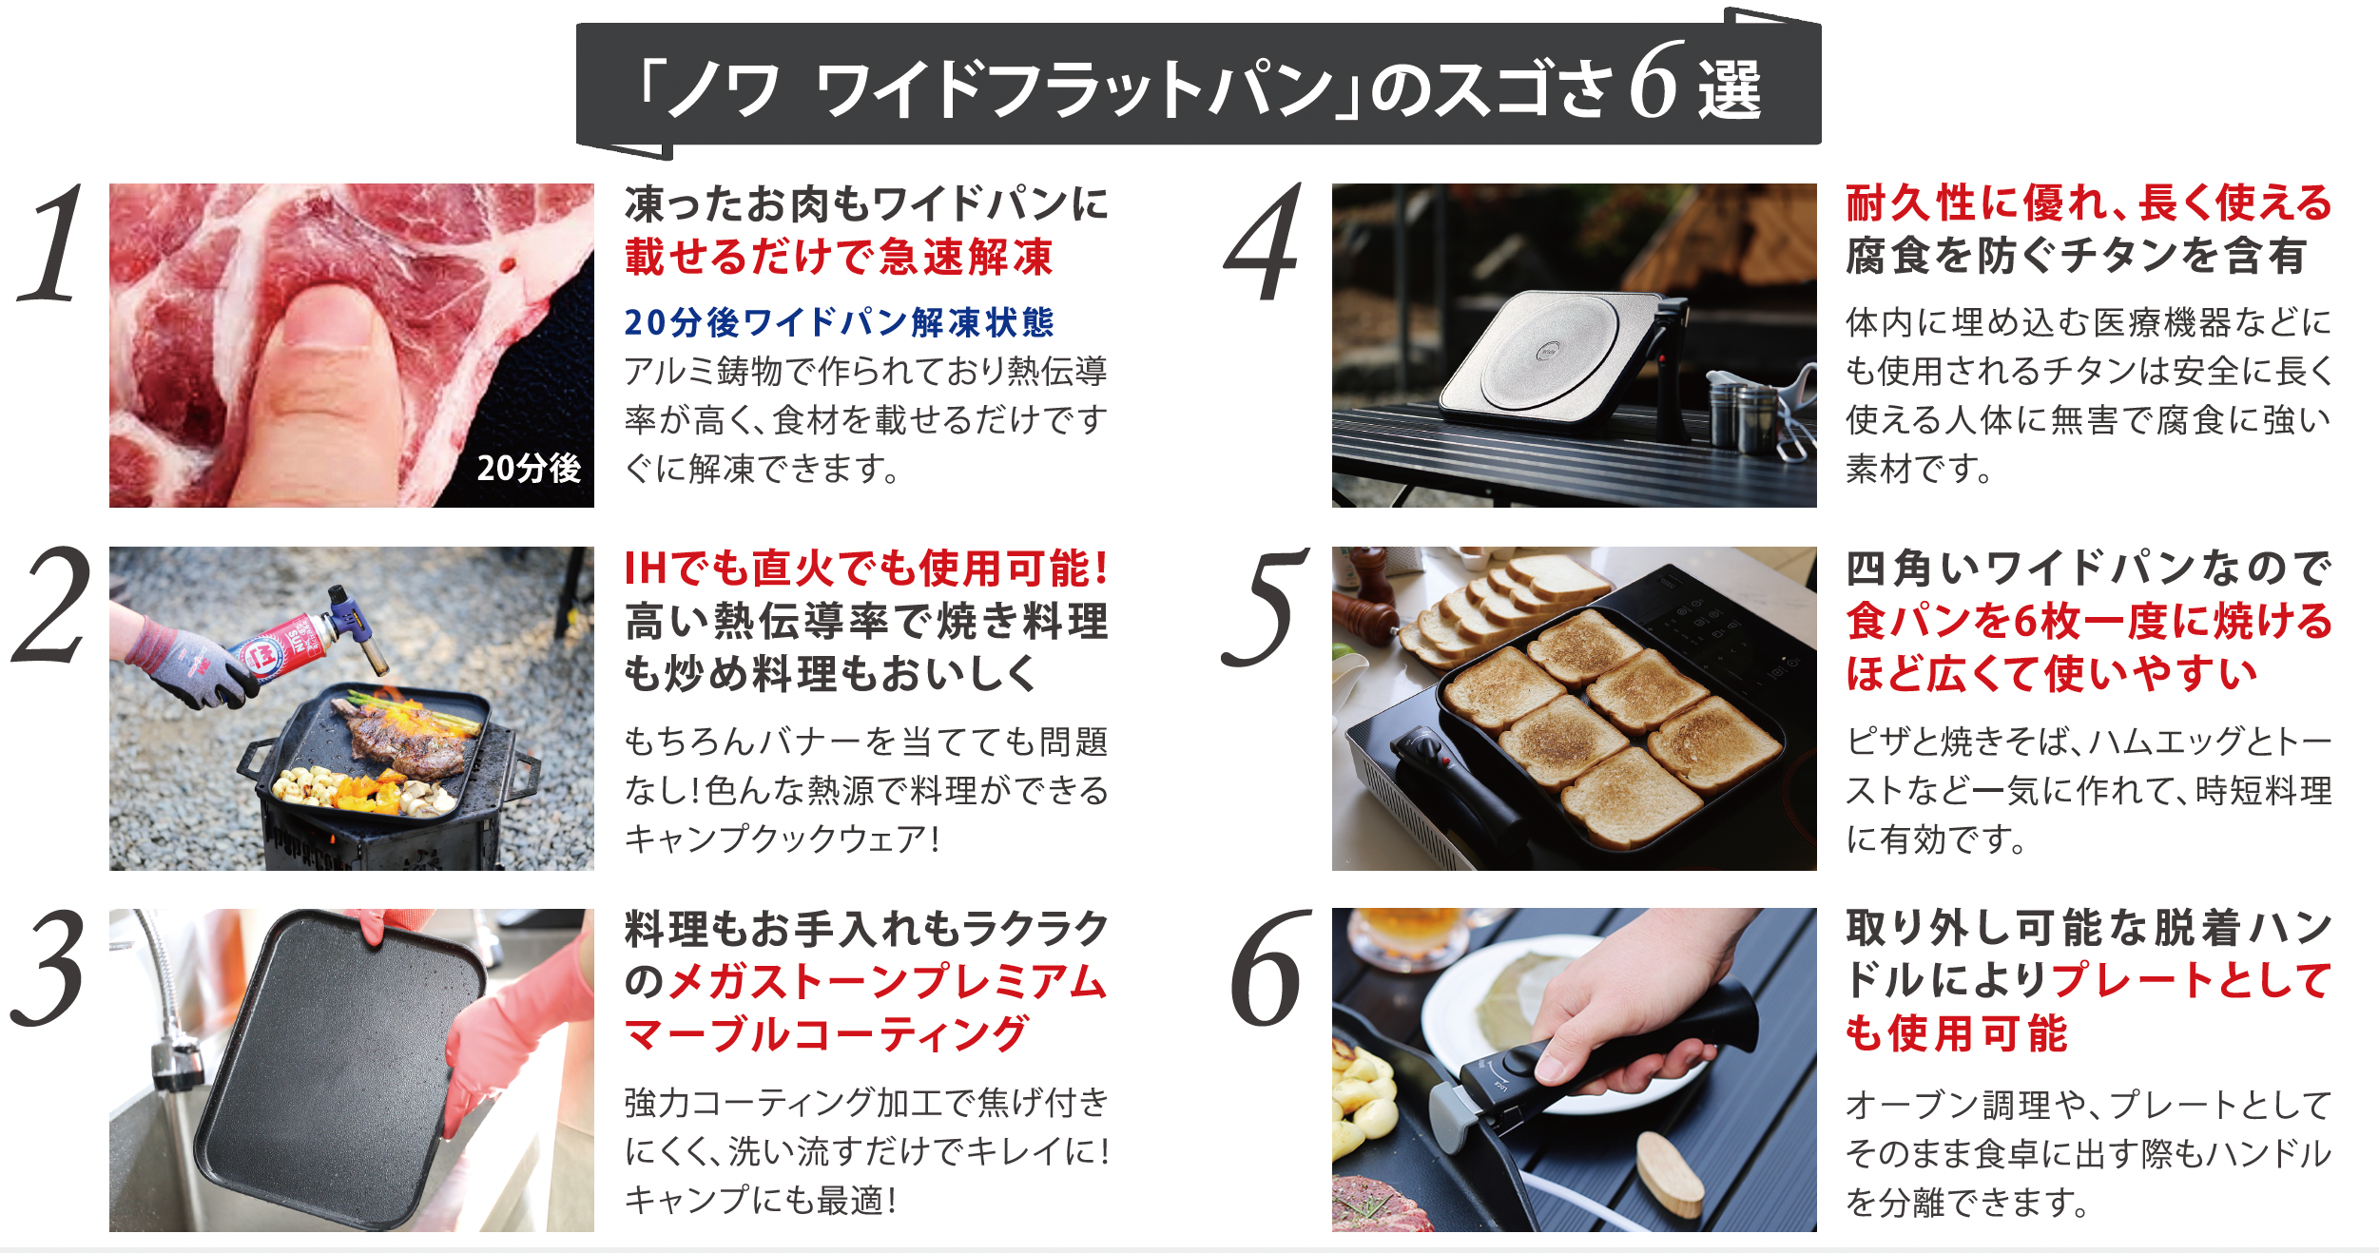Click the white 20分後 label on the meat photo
[529, 468]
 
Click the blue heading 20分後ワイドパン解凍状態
[839, 322]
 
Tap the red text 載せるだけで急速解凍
[839, 257]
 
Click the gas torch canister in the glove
[285, 646]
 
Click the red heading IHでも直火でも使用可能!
[866, 569]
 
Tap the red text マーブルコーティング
[826, 1034]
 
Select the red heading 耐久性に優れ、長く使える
[2089, 203]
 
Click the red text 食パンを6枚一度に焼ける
[2089, 622]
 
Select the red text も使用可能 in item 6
[1956, 1034]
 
